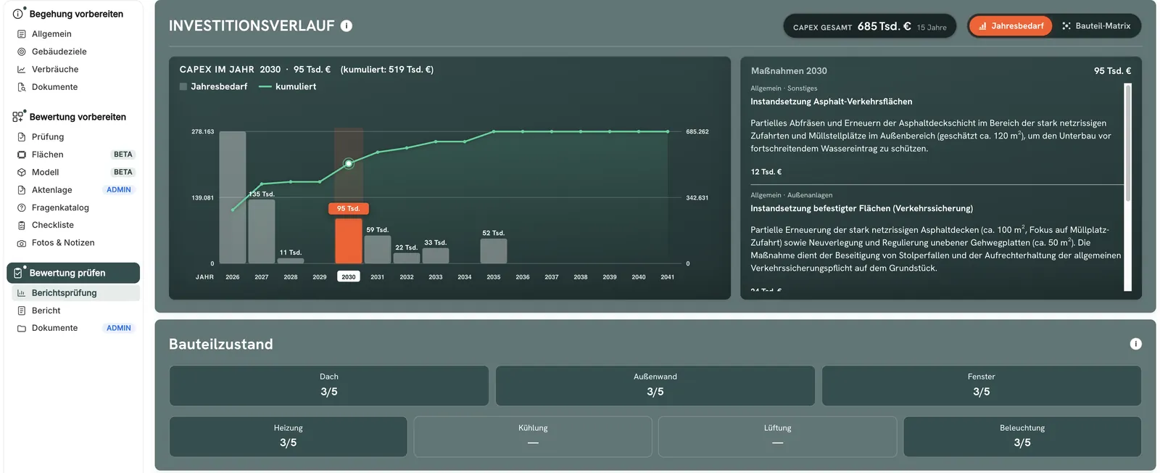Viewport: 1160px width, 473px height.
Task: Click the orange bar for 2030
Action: [348, 241]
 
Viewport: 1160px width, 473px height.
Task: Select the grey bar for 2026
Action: [233, 197]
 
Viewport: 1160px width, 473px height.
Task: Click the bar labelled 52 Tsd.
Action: [493, 251]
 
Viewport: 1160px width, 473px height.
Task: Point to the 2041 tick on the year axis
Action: [667, 277]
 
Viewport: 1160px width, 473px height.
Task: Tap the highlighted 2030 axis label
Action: [348, 276]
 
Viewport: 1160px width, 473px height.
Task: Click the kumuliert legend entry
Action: [287, 86]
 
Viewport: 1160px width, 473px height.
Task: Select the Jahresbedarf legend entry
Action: [213, 86]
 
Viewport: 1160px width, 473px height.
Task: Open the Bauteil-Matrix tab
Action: [1096, 26]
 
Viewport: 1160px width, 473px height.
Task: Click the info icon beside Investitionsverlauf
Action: [347, 26]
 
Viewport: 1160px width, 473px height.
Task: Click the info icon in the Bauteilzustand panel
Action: [1135, 344]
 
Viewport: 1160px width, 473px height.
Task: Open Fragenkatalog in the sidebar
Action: [60, 207]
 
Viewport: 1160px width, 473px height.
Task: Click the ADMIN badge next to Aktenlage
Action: [119, 189]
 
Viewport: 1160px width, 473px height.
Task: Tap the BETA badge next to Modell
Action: [123, 172]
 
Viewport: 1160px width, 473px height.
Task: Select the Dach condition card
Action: [329, 385]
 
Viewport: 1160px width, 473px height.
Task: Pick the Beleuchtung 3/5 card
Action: [1022, 436]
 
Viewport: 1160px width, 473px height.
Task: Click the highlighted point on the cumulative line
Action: [349, 164]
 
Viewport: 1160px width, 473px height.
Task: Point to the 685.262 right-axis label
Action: [697, 131]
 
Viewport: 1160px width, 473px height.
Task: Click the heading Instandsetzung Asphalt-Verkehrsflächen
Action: [831, 102]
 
